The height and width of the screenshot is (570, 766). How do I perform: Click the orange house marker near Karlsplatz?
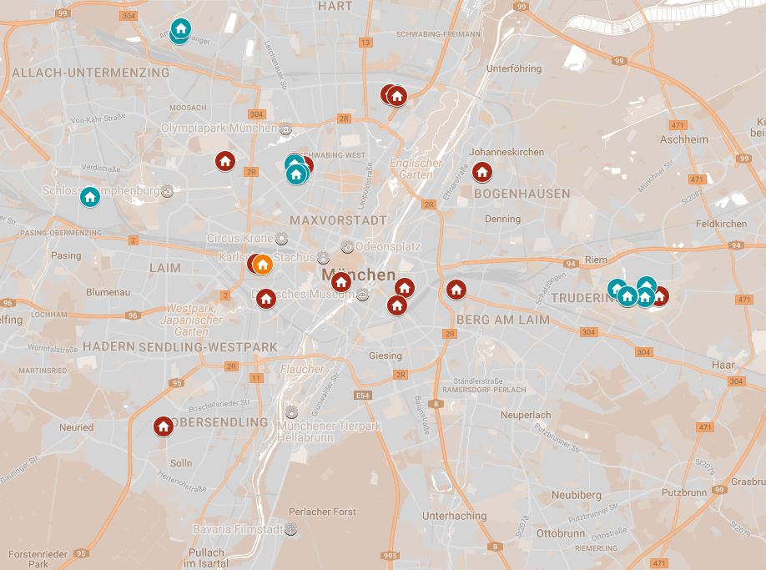tap(262, 265)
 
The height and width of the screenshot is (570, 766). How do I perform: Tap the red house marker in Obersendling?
tap(164, 426)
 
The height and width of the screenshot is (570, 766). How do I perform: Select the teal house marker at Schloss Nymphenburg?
tap(90, 197)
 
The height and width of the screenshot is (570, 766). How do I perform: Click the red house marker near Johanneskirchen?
tap(481, 173)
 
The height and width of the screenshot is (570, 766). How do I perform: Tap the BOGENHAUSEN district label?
tap(522, 194)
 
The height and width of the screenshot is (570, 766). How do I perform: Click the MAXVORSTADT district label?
tap(338, 220)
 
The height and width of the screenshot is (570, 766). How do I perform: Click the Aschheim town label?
tap(683, 139)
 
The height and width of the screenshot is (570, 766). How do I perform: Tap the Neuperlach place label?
tap(526, 415)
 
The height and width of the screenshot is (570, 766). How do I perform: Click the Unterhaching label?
tap(454, 516)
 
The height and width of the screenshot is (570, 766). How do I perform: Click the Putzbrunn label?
tap(684, 492)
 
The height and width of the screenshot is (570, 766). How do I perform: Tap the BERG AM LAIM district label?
tap(503, 320)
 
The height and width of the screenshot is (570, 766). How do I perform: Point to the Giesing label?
tap(386, 356)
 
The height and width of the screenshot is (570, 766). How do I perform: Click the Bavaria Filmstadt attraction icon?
tap(290, 529)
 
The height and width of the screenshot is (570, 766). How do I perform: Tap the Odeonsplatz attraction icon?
tap(347, 247)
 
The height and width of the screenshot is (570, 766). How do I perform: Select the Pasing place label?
tap(66, 255)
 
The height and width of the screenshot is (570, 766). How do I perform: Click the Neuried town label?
tap(76, 427)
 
